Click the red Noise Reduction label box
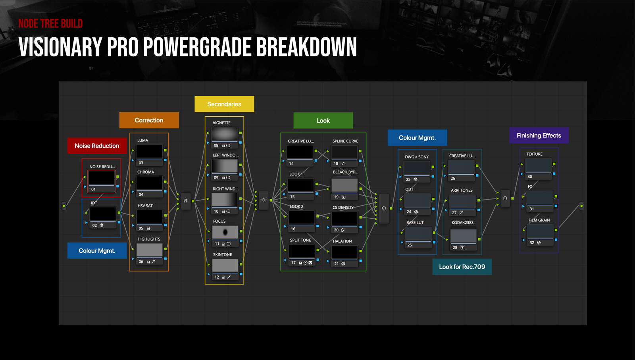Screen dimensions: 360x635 click(97, 146)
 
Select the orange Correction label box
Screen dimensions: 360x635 click(149, 120)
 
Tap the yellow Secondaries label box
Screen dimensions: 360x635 click(224, 104)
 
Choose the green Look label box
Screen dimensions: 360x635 click(323, 121)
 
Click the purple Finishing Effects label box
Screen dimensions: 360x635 click(539, 135)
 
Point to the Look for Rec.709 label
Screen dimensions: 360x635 click(462, 267)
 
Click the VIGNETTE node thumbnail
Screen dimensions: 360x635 click(225, 134)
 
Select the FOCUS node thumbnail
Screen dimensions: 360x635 click(225, 232)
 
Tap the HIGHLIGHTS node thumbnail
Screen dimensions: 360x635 click(150, 250)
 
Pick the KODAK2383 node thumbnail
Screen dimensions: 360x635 click(463, 236)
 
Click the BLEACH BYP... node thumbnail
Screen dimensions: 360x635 click(344, 185)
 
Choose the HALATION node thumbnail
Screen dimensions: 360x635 click(344, 252)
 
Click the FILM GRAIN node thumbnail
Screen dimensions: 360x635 click(540, 231)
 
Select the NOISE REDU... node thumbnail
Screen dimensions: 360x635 click(102, 177)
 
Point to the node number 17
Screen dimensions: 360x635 click(293, 263)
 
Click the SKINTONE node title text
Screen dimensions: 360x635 click(223, 254)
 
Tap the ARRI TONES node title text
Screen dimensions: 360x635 click(462, 190)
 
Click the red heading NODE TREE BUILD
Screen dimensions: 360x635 click(50, 23)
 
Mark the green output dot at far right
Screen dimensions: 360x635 click(581, 206)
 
